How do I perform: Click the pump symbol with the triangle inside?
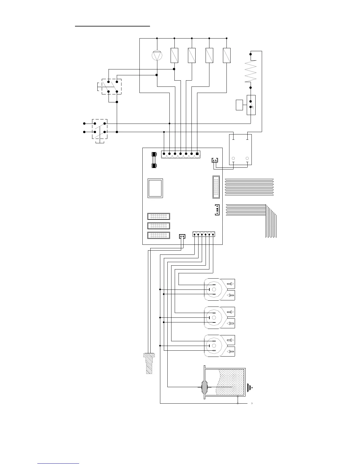pyautogui.click(x=157, y=55)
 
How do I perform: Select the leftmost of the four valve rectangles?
pyautogui.click(x=174, y=55)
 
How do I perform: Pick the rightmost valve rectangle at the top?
pyautogui.click(x=227, y=55)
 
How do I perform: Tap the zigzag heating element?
pyautogui.click(x=250, y=71)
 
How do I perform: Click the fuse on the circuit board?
pyautogui.click(x=154, y=160)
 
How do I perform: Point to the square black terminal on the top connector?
pyautogui.click(x=197, y=154)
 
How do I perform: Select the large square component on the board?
pyautogui.click(x=155, y=188)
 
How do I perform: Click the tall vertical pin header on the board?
pyautogui.click(x=216, y=187)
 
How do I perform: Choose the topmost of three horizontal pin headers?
pyautogui.click(x=159, y=216)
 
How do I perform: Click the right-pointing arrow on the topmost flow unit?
pyautogui.click(x=231, y=284)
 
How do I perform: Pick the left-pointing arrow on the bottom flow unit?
pyautogui.click(x=231, y=352)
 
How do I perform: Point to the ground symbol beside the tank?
pyautogui.click(x=250, y=388)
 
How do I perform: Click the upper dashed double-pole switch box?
pyautogui.click(x=111, y=86)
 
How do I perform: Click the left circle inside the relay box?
pyautogui.click(x=234, y=158)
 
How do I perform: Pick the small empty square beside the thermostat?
pyautogui.click(x=239, y=105)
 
